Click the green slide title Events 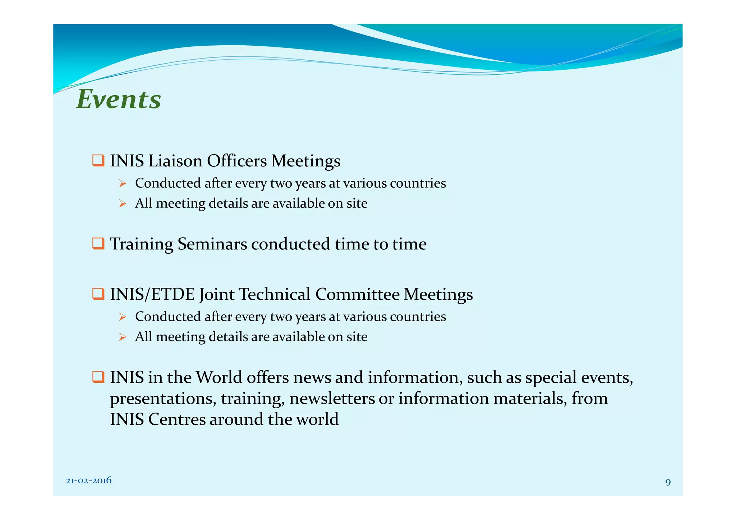point(119,99)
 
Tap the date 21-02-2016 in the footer point(88,480)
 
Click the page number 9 point(668,482)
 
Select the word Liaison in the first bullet point(175,161)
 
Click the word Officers point(237,161)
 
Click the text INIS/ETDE point(152,294)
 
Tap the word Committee point(357,294)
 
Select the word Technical point(274,294)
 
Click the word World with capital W point(219,377)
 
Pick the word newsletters point(332,399)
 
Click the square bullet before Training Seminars point(98,244)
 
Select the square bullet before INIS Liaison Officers point(98,160)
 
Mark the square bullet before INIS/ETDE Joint point(98,294)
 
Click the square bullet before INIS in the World point(98,377)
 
